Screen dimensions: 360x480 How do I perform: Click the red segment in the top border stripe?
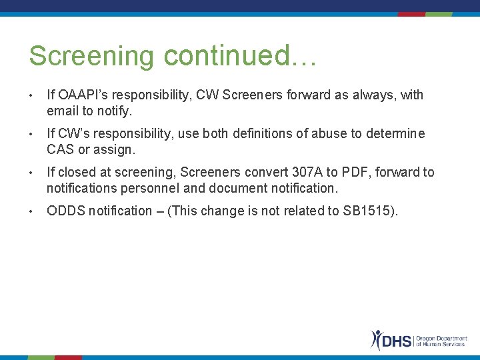[x=411, y=14]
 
